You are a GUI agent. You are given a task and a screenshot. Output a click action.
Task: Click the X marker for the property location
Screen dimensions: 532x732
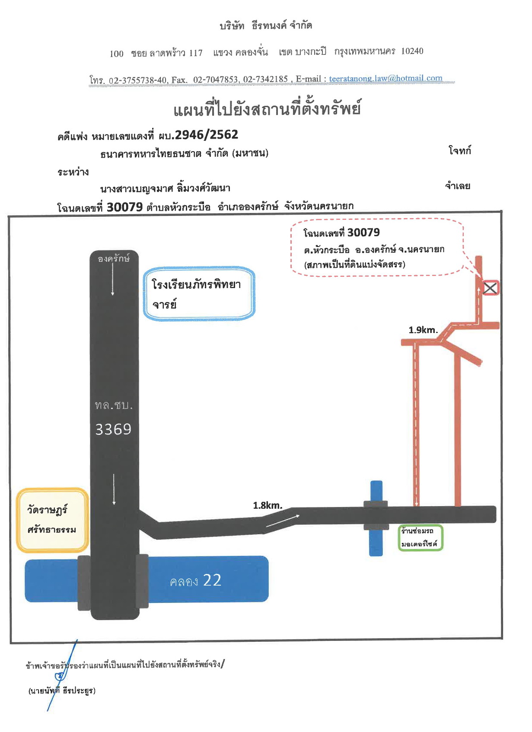coord(490,288)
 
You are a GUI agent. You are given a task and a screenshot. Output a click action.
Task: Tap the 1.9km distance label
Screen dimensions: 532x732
coord(423,330)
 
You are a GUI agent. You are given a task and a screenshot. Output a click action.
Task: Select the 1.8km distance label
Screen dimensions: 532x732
coord(267,505)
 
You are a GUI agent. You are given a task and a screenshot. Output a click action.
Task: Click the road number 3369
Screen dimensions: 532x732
coord(113,429)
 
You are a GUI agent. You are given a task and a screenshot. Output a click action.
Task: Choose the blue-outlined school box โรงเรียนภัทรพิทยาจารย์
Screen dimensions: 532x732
coord(199,294)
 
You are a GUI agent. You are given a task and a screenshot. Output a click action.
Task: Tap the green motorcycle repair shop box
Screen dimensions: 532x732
coord(421,538)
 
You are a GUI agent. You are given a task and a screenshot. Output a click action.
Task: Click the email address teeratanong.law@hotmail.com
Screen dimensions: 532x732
coord(385,79)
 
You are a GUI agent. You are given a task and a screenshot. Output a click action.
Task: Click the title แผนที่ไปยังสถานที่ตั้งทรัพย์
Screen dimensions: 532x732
coord(267,108)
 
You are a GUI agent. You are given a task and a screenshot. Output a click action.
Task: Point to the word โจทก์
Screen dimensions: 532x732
coord(460,151)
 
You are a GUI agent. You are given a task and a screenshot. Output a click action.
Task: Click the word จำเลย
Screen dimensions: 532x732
coord(457,186)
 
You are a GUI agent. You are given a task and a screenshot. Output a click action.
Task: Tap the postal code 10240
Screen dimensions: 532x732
coord(412,51)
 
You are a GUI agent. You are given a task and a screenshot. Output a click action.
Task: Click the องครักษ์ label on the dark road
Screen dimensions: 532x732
coord(114,258)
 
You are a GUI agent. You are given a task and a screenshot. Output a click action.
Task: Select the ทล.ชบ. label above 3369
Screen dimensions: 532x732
coord(114,405)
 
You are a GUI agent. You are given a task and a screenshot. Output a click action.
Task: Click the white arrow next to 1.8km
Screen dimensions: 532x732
coord(283,520)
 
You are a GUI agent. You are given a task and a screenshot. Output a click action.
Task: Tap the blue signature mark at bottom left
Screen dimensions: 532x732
coord(62,675)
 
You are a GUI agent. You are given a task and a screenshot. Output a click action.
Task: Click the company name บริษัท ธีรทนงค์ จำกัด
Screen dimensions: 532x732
coord(265,25)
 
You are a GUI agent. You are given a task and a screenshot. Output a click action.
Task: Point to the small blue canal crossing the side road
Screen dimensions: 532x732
coord(376,518)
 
